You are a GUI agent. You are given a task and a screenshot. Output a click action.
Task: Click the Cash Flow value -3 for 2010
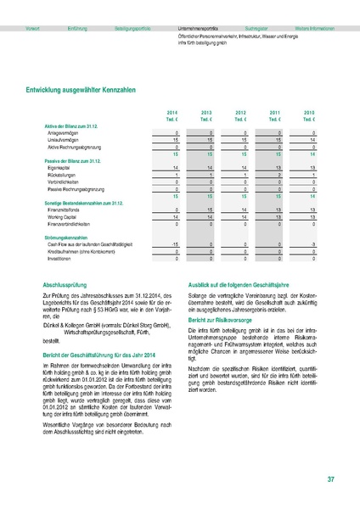312,244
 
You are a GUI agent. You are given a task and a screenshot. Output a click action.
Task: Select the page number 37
329,481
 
